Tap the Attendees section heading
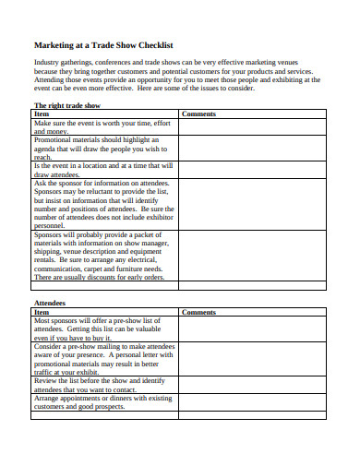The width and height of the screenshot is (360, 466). point(52,302)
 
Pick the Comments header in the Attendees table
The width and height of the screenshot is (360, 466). point(198,312)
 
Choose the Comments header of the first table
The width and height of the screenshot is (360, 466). point(198,114)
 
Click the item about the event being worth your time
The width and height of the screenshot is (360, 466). point(102,127)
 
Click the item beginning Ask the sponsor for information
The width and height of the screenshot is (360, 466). point(102,204)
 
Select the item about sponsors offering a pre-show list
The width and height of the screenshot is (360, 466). point(102,329)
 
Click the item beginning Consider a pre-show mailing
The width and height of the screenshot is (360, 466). point(102,360)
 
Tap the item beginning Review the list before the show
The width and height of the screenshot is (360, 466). point(102,385)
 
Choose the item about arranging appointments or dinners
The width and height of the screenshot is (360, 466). point(102,402)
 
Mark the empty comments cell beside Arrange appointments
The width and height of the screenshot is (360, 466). point(252,402)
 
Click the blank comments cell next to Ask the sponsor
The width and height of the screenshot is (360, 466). point(252,204)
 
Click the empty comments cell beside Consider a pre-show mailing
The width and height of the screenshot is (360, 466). point(252,360)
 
